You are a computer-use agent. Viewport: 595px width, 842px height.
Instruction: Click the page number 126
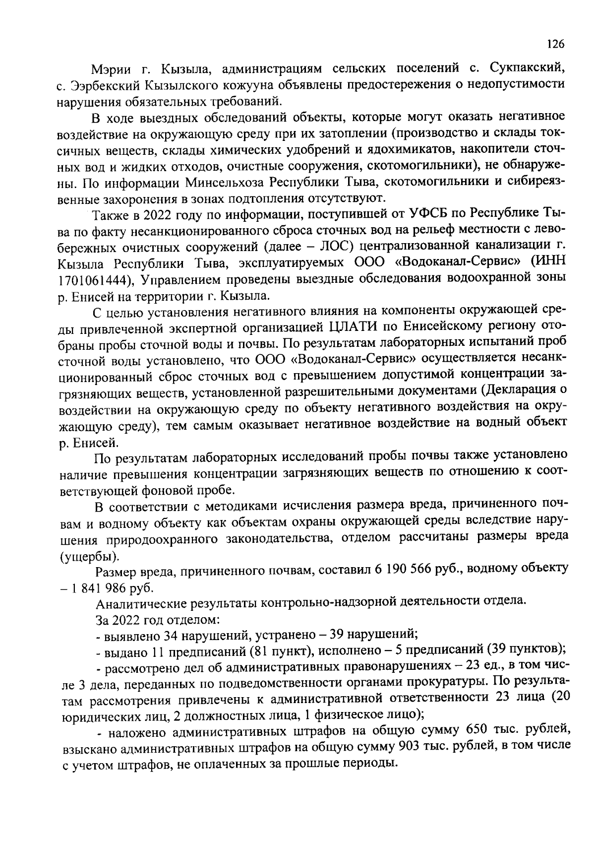(556, 44)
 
